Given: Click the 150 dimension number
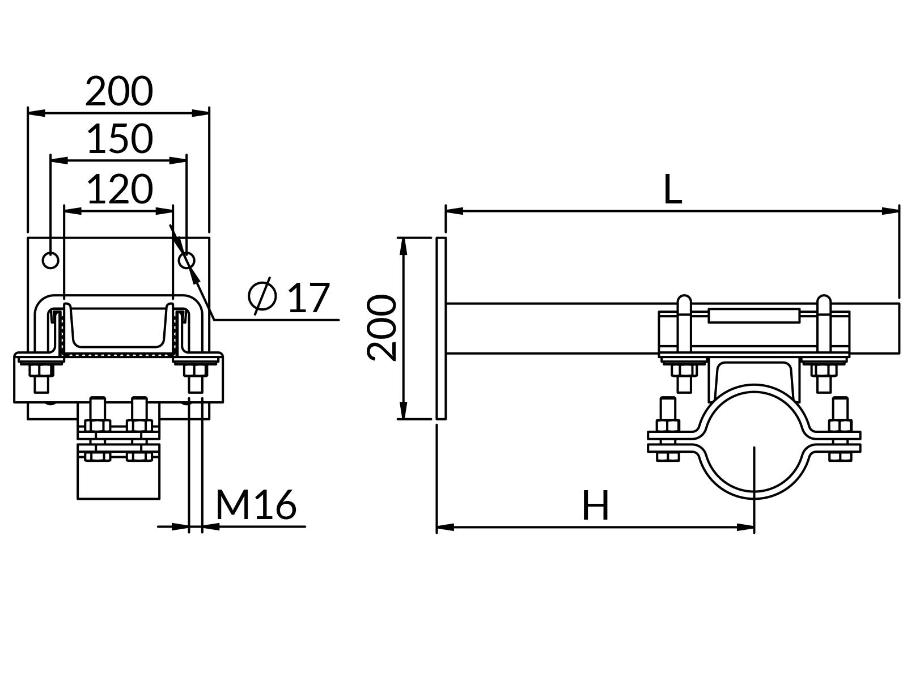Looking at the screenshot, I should pyautogui.click(x=120, y=139).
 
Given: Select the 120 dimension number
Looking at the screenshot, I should pyautogui.click(x=120, y=189).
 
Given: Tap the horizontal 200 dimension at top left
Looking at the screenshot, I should pyautogui.click(x=119, y=91).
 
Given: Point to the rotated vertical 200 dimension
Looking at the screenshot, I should pyautogui.click(x=381, y=328).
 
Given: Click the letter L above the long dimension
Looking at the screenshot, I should pyautogui.click(x=672, y=190).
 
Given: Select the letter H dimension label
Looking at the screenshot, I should pyautogui.click(x=595, y=506).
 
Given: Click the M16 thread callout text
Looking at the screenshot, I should pyautogui.click(x=256, y=504).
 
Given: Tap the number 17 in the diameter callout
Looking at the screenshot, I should pyautogui.click(x=308, y=297).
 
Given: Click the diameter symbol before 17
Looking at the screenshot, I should pyautogui.click(x=262, y=295).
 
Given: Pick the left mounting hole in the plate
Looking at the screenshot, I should pyautogui.click(x=50, y=260).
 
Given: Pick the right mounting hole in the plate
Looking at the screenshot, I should pyautogui.click(x=187, y=260).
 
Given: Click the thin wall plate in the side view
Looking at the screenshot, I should pyautogui.click(x=441, y=328).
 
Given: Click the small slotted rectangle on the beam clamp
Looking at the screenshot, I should pyautogui.click(x=753, y=316).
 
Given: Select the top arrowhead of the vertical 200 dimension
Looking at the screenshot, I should pyautogui.click(x=403, y=245).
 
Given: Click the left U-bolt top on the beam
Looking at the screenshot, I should pyautogui.click(x=684, y=301).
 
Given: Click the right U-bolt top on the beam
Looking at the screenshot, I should pyautogui.click(x=824, y=301).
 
